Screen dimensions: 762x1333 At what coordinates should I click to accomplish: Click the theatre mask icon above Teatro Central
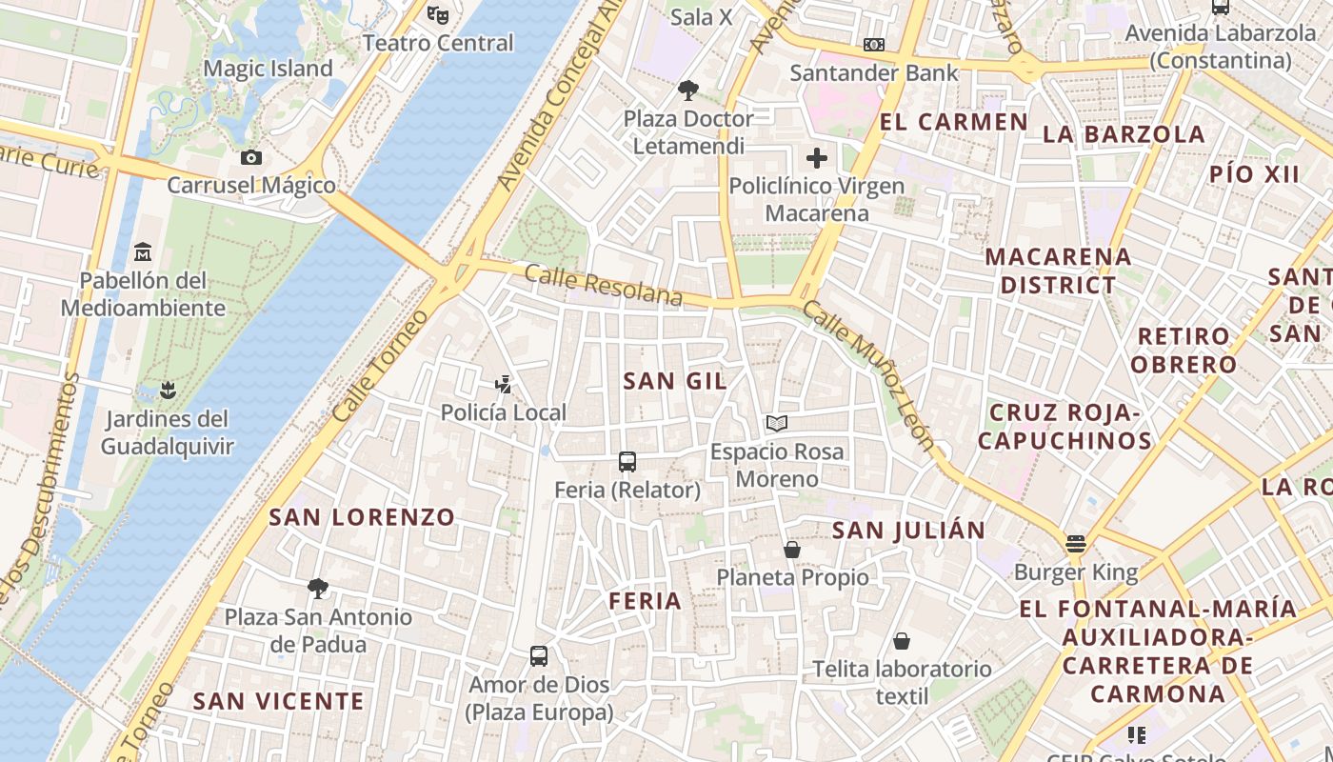pyautogui.click(x=438, y=14)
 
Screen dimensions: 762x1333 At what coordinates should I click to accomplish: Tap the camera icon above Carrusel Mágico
pyautogui.click(x=251, y=157)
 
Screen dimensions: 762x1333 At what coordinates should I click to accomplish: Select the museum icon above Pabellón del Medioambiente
pyautogui.click(x=143, y=251)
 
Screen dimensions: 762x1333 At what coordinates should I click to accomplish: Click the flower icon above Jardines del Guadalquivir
pyautogui.click(x=168, y=390)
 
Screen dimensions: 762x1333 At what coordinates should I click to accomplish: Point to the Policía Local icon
pyautogui.click(x=503, y=385)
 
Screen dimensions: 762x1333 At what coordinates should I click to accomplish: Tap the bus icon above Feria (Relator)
pyautogui.click(x=627, y=462)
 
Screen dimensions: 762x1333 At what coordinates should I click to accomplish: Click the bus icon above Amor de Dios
pyautogui.click(x=539, y=655)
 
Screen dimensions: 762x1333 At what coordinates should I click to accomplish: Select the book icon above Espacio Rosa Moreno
pyautogui.click(x=777, y=423)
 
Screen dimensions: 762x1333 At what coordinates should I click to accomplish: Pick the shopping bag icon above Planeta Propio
pyautogui.click(x=791, y=550)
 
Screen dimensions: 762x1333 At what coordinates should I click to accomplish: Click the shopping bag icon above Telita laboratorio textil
pyautogui.click(x=901, y=641)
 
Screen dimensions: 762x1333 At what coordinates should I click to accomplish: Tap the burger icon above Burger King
pyautogui.click(x=1076, y=544)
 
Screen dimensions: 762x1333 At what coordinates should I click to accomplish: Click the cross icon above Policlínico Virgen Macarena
pyautogui.click(x=816, y=157)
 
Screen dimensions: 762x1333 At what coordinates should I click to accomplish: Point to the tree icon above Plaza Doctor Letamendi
pyautogui.click(x=687, y=90)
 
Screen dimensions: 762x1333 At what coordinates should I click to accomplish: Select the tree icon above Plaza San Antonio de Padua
pyautogui.click(x=317, y=589)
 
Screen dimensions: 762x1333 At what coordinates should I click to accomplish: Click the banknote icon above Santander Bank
pyautogui.click(x=873, y=45)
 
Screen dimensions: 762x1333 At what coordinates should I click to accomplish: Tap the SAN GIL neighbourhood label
pyautogui.click(x=675, y=381)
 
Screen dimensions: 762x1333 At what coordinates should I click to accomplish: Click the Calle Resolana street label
pyautogui.click(x=604, y=287)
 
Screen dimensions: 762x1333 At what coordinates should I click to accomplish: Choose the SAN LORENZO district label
pyautogui.click(x=362, y=517)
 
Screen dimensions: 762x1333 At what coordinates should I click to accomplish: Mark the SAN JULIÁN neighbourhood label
pyautogui.click(x=908, y=531)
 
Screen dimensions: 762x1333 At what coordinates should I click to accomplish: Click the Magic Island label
pyautogui.click(x=268, y=69)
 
